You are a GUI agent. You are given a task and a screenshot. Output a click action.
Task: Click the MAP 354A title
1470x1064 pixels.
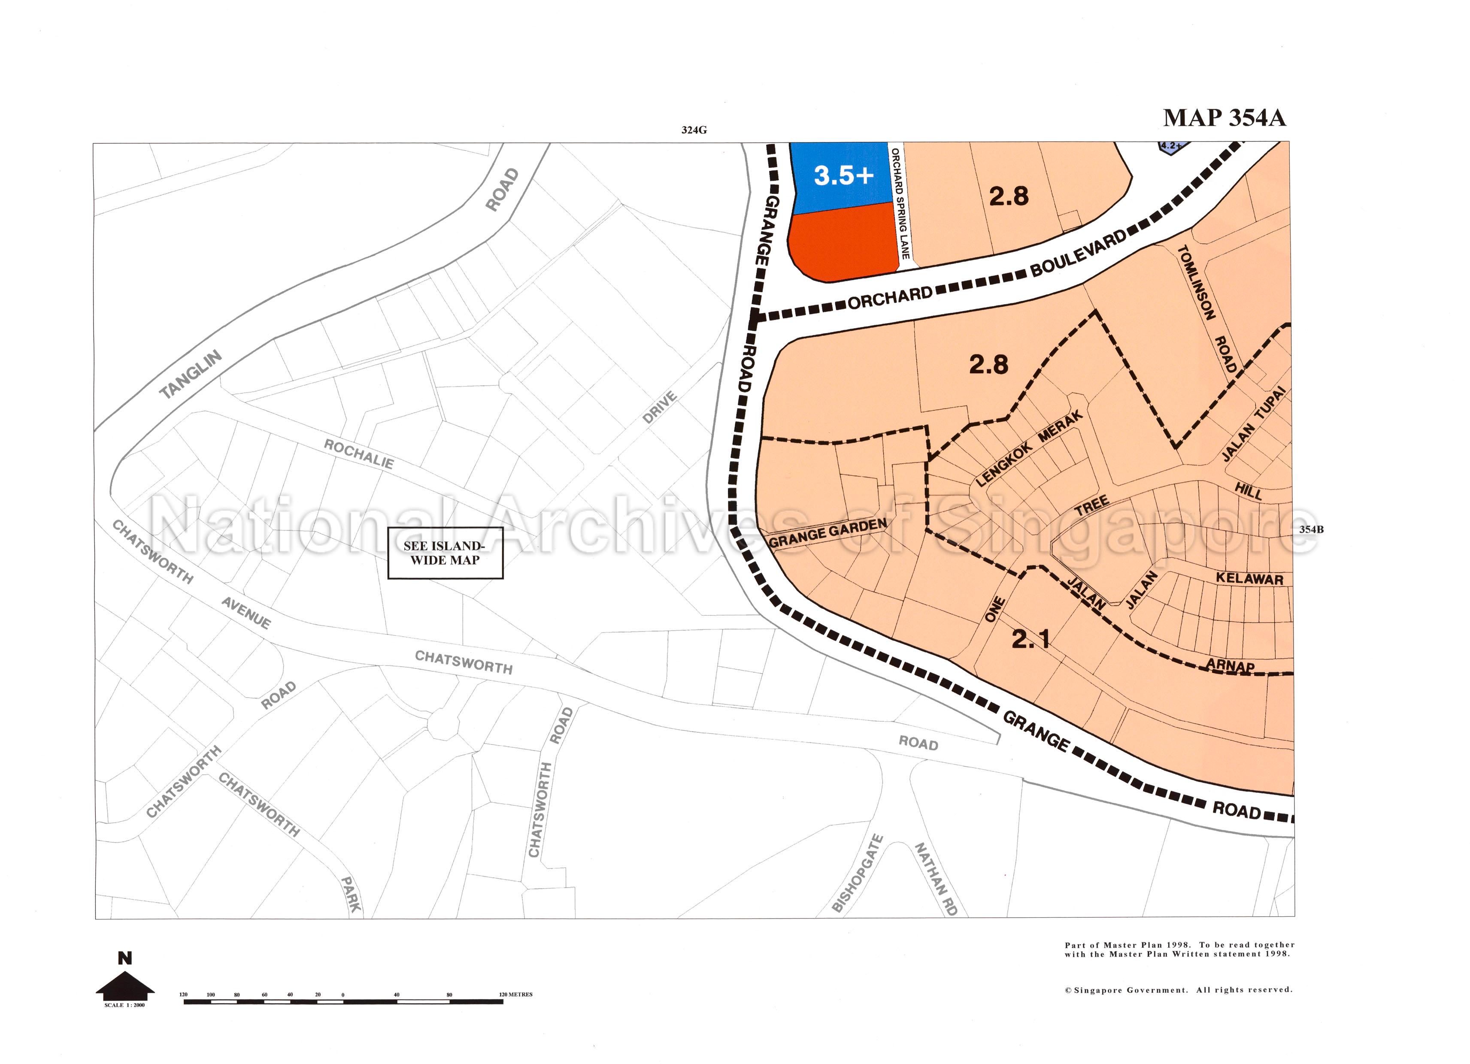(1224, 118)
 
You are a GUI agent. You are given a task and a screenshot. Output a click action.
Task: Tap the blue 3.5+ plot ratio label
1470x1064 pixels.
(843, 175)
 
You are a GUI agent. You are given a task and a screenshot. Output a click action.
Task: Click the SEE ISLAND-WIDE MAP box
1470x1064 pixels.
(445, 553)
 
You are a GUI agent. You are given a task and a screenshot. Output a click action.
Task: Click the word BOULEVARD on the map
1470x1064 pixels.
(1078, 255)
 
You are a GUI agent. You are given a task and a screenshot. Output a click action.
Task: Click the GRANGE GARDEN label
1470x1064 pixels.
(827, 533)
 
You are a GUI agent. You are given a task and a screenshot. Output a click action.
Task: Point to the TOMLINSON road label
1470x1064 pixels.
(1195, 283)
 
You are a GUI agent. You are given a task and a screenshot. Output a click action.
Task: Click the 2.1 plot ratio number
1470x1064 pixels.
(1031, 640)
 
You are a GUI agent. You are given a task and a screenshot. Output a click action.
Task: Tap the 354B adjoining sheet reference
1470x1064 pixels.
(1311, 529)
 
